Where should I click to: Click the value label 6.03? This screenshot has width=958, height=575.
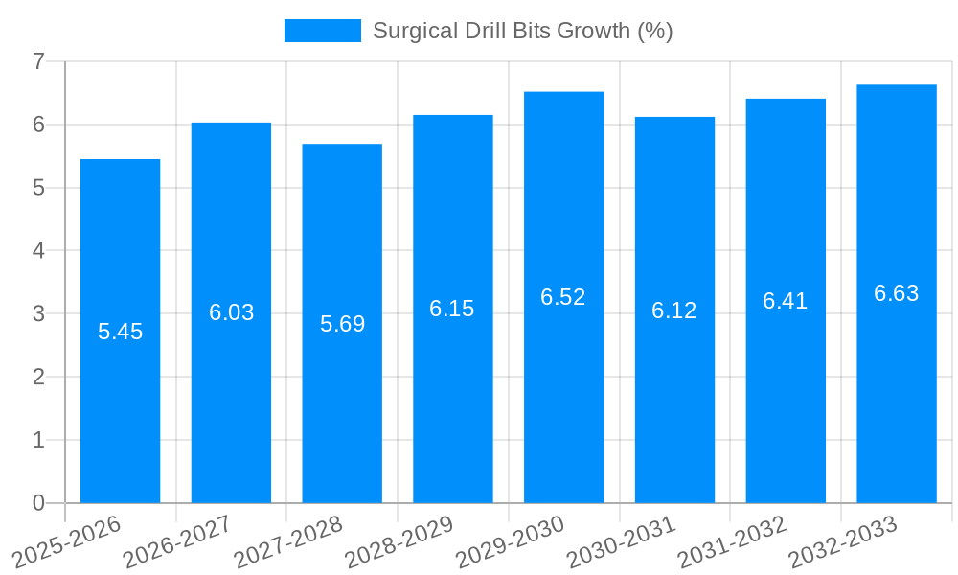(231, 312)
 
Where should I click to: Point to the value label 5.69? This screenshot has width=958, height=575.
(342, 324)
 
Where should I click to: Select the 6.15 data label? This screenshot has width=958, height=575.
(452, 309)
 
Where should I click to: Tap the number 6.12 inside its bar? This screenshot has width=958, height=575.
(674, 310)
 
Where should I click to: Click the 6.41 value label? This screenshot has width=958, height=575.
(786, 301)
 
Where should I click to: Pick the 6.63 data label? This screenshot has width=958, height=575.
(897, 293)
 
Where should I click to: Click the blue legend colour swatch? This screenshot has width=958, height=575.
(323, 31)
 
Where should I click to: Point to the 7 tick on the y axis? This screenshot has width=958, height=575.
(38, 61)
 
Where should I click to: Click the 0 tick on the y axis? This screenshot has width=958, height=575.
(38, 503)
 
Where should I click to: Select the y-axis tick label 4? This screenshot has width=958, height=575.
(38, 251)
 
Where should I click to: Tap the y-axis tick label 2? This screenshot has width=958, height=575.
(38, 377)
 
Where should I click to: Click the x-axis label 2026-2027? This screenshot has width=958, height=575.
(177, 541)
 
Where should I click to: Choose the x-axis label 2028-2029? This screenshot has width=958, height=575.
(399, 541)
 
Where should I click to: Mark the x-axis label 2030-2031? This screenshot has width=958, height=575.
(621, 541)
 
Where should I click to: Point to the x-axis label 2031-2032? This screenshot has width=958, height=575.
(732, 541)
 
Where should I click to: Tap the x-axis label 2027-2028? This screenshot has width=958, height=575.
(288, 541)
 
